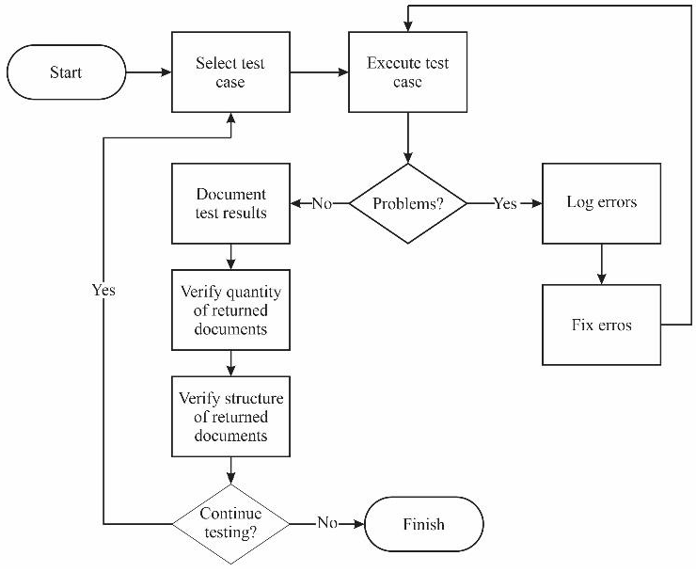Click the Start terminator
pos(66,72)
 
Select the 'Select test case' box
pos(230,72)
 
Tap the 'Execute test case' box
pos(407,72)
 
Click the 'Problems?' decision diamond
pos(407,203)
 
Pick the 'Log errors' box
pos(602,203)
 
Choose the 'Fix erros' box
pos(602,325)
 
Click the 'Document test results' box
pos(230,203)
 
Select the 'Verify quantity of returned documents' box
pos(230,310)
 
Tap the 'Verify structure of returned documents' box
pos(230,416)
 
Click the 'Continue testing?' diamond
pos(230,524)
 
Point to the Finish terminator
pos(423,524)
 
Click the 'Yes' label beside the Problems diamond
pos(505,203)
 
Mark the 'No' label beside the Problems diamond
pos(323,203)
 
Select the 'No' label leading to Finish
pos(326,524)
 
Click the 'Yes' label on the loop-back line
pos(103,290)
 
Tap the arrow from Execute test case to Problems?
pos(407,138)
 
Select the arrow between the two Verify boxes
pos(230,363)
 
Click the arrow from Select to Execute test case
pos(319,72)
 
